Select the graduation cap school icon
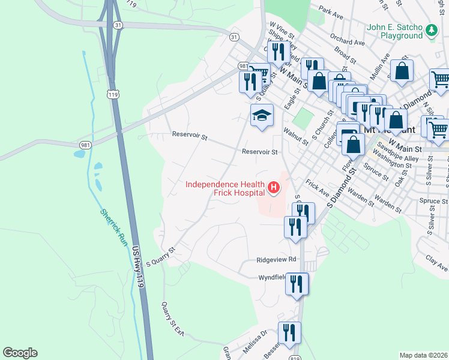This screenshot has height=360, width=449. coord(262,115)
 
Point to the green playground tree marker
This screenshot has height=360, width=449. coord(430,29)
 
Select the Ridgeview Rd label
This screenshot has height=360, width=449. coord(277,260)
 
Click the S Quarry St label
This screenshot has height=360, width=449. coord(160,256)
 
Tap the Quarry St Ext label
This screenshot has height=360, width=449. coord(170,319)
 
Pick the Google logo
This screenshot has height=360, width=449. coord(20,353)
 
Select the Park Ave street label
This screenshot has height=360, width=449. coord(331,11)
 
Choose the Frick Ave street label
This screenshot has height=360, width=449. coord(317,189)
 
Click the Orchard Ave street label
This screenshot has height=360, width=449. coord(348,39)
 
